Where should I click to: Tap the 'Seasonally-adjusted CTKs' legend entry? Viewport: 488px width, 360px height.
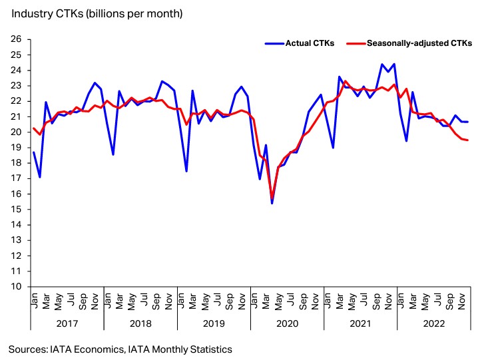419,43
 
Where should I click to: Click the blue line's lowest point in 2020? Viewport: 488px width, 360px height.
272,203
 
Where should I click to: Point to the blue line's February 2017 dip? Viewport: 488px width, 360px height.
40,177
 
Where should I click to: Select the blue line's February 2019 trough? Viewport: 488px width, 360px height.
186,171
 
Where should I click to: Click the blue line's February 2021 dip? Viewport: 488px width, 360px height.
333,148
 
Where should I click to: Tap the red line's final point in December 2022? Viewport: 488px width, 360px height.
467,140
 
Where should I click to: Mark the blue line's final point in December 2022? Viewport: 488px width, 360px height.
467,122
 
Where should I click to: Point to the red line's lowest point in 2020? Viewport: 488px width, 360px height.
272,197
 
